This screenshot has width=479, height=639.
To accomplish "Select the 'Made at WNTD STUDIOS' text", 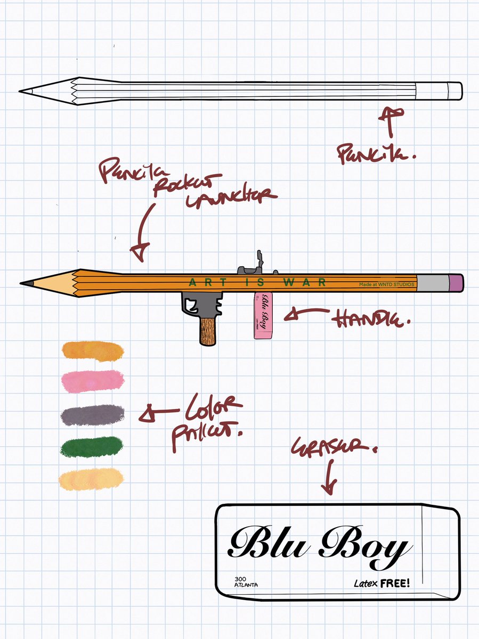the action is coord(386,285).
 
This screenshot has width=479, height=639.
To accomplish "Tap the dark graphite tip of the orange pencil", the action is coord(25,282).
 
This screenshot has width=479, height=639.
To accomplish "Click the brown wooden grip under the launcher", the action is coord(207,331).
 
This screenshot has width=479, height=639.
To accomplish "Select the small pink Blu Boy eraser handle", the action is coord(264,314).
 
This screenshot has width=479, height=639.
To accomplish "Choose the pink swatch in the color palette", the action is coord(93,380).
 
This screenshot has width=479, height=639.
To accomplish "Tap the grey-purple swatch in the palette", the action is coord(93,414).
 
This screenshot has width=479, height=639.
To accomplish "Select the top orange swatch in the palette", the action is coord(93,350).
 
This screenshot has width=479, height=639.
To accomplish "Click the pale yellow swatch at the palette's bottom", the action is coord(92,479).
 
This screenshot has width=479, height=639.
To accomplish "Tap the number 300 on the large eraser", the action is coord(240,579).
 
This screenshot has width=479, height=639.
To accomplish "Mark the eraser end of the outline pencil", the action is coord(454,91).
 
